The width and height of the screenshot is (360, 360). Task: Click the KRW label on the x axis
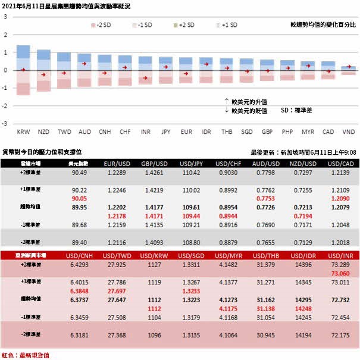[x=24, y=131]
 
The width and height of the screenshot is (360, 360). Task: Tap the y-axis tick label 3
[x=5, y=16]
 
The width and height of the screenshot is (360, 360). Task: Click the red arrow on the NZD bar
[x=43, y=74]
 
